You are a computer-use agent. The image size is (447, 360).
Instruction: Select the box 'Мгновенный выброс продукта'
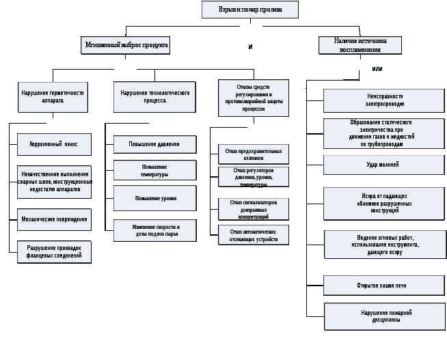coord(125,45)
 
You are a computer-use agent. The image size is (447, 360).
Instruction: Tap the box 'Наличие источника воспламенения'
coord(360,45)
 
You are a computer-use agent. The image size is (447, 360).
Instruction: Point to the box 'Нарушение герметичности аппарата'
coord(53,96)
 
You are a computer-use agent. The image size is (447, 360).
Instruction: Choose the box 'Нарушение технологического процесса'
coord(154,96)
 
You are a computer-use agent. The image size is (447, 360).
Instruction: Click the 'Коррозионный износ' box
coord(54,144)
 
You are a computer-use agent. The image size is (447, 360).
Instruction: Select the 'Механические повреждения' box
coord(54,219)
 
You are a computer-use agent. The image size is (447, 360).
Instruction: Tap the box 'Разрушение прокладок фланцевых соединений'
coord(54,252)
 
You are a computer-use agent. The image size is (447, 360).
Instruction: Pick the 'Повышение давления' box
coord(154,144)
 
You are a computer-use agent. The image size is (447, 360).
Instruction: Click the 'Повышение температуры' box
coord(154,170)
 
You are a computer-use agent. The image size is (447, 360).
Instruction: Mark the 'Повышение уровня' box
coord(154,198)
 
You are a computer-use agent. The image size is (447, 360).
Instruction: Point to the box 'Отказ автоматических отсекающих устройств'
coord(253,235)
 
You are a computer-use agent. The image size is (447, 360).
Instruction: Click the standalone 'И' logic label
coord(251,47)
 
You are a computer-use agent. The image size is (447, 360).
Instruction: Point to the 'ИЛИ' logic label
coord(377,69)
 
